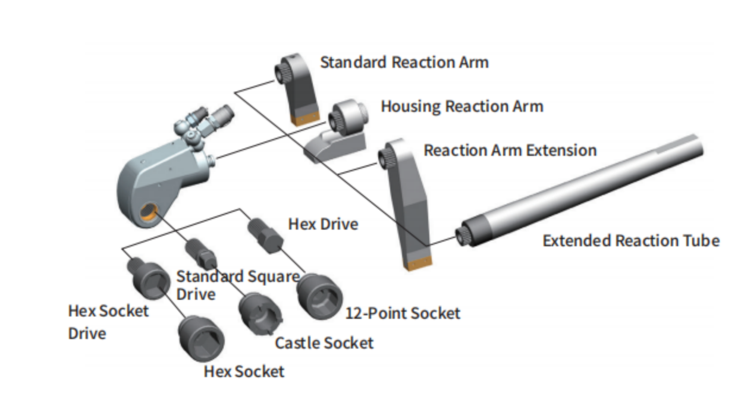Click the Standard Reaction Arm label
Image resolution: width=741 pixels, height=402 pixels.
(x=404, y=62)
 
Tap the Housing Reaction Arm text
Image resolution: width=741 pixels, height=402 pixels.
(x=461, y=107)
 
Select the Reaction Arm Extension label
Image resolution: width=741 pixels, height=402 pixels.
(x=510, y=150)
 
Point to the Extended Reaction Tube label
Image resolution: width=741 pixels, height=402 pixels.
(x=631, y=241)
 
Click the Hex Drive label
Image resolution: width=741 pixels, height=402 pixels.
(x=323, y=224)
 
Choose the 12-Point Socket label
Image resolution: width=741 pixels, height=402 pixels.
(x=403, y=313)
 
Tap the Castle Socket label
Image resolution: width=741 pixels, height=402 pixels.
(x=324, y=343)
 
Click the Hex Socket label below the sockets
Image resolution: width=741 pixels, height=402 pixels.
(x=244, y=372)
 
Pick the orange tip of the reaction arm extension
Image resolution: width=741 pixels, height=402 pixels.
(x=419, y=262)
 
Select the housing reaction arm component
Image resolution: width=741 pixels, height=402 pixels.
(x=337, y=131)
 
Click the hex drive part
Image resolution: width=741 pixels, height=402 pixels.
(x=265, y=236)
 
